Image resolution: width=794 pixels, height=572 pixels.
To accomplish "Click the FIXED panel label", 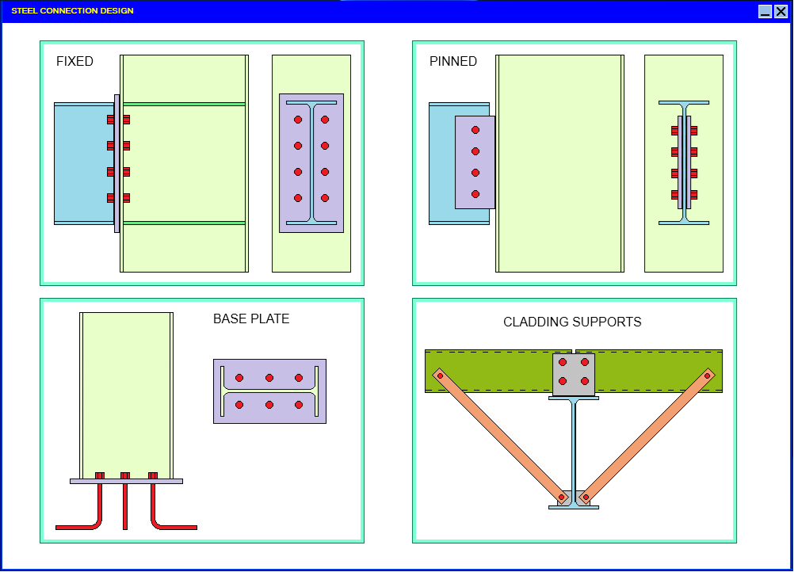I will (x=74, y=62).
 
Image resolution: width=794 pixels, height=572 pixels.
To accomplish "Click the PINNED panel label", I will (x=453, y=62).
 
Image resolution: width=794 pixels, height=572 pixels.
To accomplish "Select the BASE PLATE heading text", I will (x=251, y=319).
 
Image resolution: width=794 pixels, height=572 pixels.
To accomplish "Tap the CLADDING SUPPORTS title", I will (x=572, y=322).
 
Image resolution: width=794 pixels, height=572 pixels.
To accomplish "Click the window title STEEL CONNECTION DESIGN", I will (x=73, y=11).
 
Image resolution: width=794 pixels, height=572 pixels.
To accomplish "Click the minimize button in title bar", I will (x=765, y=11).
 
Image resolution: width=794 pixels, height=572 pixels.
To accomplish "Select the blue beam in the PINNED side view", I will (x=441, y=163).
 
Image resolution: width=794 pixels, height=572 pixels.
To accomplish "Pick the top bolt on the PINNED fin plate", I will (x=475, y=130).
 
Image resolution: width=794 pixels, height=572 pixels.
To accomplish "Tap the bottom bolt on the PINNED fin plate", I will (x=475, y=194).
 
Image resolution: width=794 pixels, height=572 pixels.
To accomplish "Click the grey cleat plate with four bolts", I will (x=574, y=375).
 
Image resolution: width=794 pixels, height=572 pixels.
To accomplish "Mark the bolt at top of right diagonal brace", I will (x=708, y=376).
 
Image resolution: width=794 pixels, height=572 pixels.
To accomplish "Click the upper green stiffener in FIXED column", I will (x=184, y=104).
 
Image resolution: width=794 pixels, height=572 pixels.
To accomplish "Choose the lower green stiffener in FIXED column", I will (x=184, y=223).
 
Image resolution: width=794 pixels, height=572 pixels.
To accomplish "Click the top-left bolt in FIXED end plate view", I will (x=298, y=120).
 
